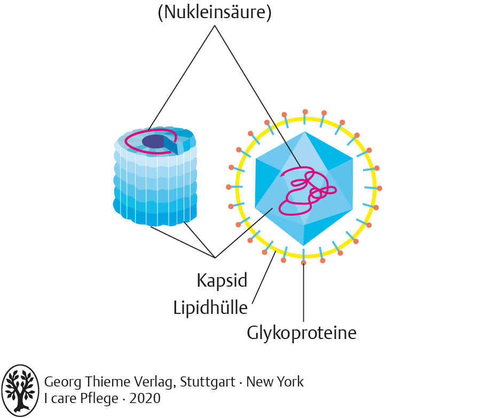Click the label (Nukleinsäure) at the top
point(215,12)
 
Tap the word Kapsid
point(222,280)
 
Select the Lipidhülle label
point(210,307)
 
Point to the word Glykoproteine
point(301,333)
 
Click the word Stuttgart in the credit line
point(208,382)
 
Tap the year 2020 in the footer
point(145,398)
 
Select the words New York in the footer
point(275,382)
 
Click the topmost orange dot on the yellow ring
point(305,112)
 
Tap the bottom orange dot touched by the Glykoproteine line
point(304,263)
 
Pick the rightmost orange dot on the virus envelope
point(380,188)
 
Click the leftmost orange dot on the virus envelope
point(228,187)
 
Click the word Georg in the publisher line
point(61,382)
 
